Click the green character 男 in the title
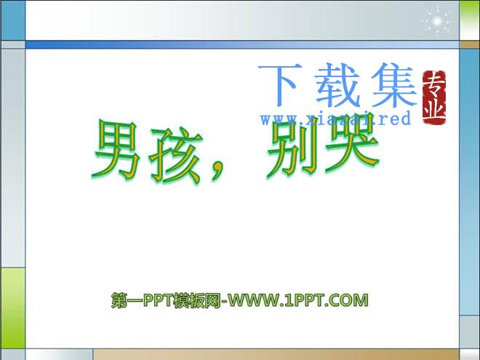click(x=116, y=150)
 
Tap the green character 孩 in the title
click(x=176, y=155)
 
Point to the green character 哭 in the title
click(x=352, y=143)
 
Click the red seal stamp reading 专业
click(x=433, y=97)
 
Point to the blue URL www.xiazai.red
click(x=335, y=119)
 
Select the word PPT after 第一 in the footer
click(x=158, y=300)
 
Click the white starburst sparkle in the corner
click(x=438, y=21)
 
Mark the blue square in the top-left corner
click(x=13, y=20)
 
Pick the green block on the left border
click(x=13, y=308)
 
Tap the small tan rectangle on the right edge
click(x=470, y=44)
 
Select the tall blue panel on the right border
click(x=470, y=182)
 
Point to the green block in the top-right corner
click(x=470, y=20)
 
